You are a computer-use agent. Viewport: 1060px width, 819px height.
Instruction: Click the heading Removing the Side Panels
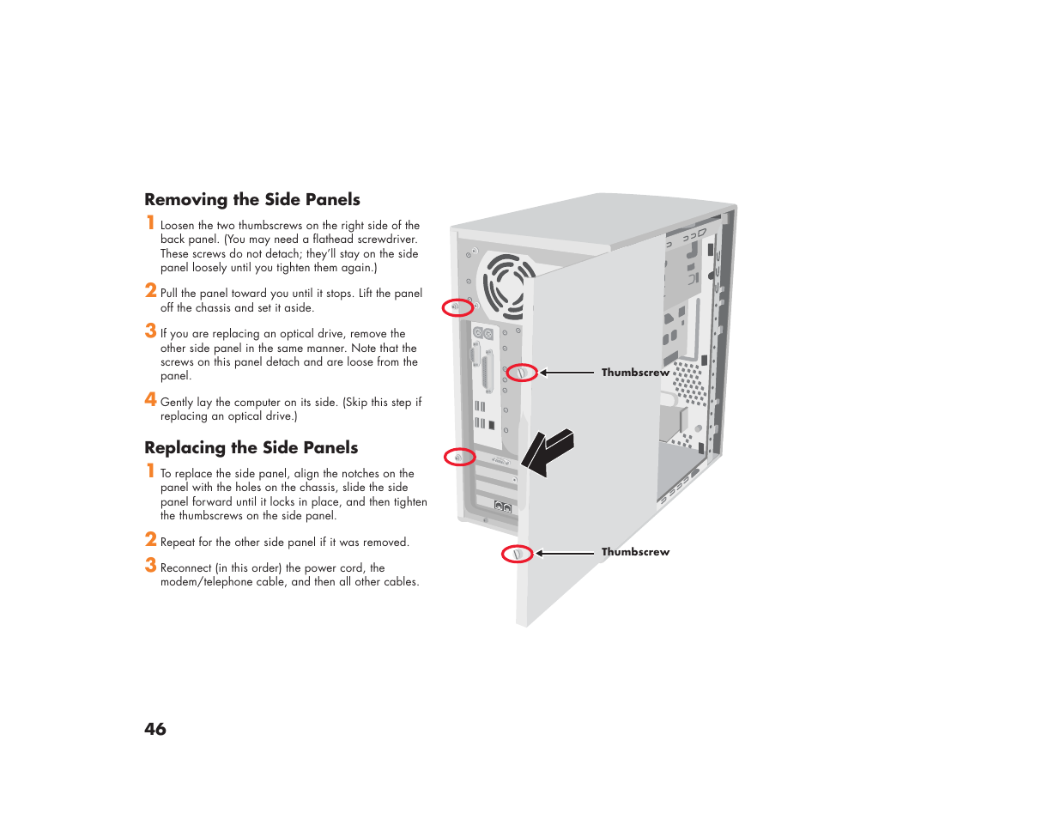pyautogui.click(x=252, y=200)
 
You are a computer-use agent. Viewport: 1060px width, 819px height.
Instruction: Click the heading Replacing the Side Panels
pyautogui.click(x=251, y=448)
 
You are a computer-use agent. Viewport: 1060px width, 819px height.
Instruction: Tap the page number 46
pyautogui.click(x=155, y=729)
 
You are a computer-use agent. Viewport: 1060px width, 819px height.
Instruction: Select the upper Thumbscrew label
pyautogui.click(x=635, y=373)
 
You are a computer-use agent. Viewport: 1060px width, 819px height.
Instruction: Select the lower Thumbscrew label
pyautogui.click(x=635, y=552)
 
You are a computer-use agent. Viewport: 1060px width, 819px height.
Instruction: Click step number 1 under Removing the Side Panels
pyautogui.click(x=150, y=222)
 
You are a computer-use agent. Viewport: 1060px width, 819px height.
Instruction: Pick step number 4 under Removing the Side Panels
pyautogui.click(x=150, y=399)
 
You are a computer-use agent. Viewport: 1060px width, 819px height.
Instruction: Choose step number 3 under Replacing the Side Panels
pyautogui.click(x=150, y=565)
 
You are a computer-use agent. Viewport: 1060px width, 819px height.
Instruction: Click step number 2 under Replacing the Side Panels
pyautogui.click(x=150, y=539)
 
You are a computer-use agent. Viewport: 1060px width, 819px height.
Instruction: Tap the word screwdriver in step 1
pyautogui.click(x=387, y=240)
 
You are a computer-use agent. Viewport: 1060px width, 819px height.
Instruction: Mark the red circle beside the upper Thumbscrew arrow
pyautogui.click(x=521, y=373)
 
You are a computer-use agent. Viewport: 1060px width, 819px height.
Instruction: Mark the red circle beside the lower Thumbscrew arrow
pyautogui.click(x=517, y=554)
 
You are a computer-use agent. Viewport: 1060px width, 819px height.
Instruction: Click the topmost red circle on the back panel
pyautogui.click(x=457, y=307)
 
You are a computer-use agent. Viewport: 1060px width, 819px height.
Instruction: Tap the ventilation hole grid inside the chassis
pyautogui.click(x=689, y=383)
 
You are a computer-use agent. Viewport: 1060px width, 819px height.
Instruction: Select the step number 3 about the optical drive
pyautogui.click(x=150, y=331)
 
